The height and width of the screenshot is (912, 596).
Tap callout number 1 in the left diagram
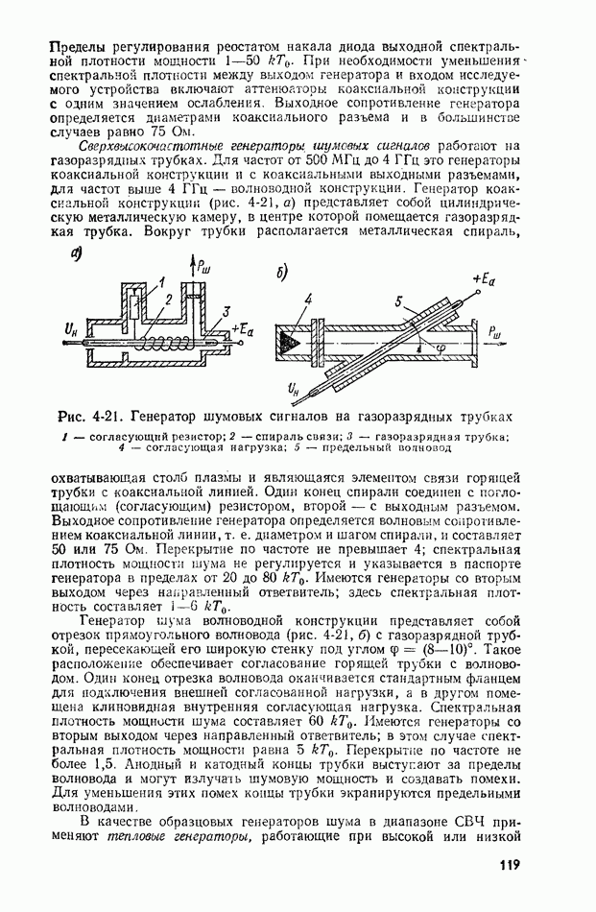[164, 281]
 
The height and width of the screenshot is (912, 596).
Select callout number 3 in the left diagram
[225, 311]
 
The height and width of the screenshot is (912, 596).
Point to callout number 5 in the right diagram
[398, 301]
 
